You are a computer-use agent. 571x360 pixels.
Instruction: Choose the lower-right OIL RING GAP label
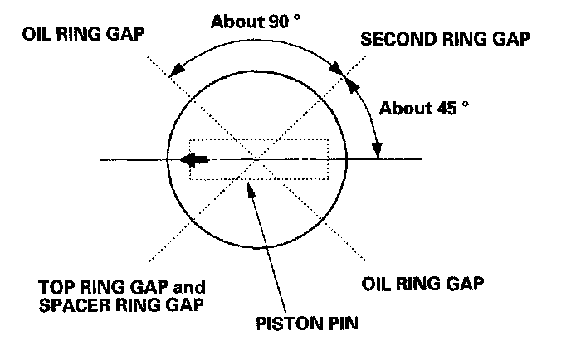click(423, 282)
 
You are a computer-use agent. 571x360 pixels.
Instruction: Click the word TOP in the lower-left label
click(55, 287)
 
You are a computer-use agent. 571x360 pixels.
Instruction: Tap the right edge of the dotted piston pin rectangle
click(329, 159)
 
